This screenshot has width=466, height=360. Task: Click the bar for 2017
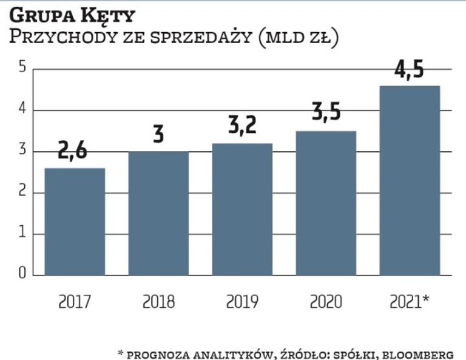point(75,222)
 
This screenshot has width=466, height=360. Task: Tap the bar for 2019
point(242,209)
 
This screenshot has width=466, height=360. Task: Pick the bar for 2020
point(326,203)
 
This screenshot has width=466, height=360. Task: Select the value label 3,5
point(326,113)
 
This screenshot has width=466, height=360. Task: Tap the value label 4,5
point(410,69)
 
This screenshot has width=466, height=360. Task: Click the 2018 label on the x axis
point(158,301)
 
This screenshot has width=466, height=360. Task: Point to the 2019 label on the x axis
point(242,301)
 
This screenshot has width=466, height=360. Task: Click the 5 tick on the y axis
point(22,68)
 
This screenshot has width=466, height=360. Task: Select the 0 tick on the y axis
point(22,274)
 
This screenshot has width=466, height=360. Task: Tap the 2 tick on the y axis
point(22,192)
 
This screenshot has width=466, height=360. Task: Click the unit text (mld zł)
point(297,38)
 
